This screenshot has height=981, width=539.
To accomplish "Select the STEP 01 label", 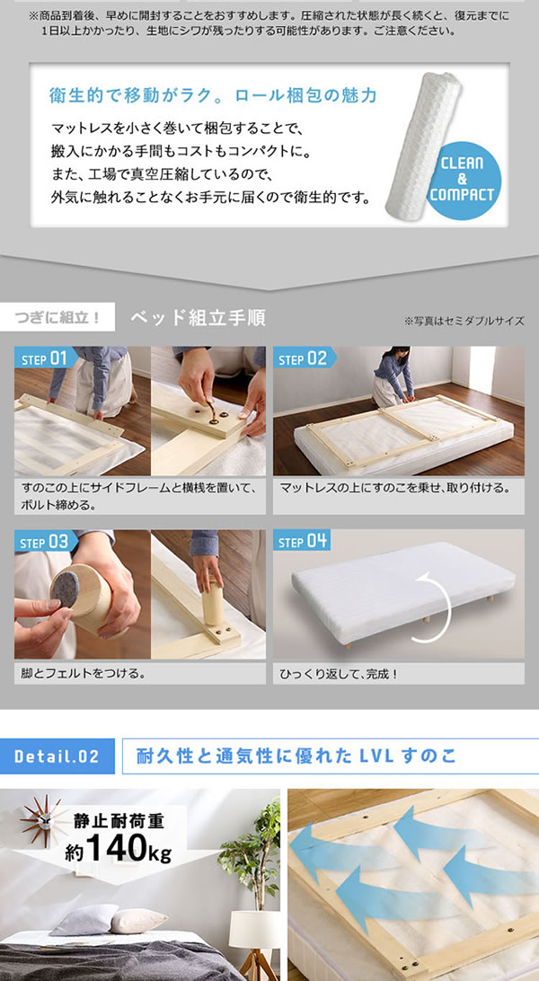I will point(42,358).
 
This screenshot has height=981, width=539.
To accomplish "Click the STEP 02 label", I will point(303,358).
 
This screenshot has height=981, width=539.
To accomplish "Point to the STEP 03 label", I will point(42,542).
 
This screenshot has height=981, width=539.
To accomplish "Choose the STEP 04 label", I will point(303,542).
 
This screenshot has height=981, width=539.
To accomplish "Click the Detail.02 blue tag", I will point(57,756).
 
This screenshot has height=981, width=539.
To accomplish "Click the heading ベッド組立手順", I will point(198,318).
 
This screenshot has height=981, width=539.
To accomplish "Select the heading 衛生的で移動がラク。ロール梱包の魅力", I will point(213,95).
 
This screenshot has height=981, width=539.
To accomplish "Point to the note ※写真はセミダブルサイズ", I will point(464,321).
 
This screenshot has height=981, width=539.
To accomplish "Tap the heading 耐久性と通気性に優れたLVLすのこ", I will point(296,756).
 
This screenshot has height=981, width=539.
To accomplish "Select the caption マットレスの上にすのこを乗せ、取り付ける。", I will point(395,488).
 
